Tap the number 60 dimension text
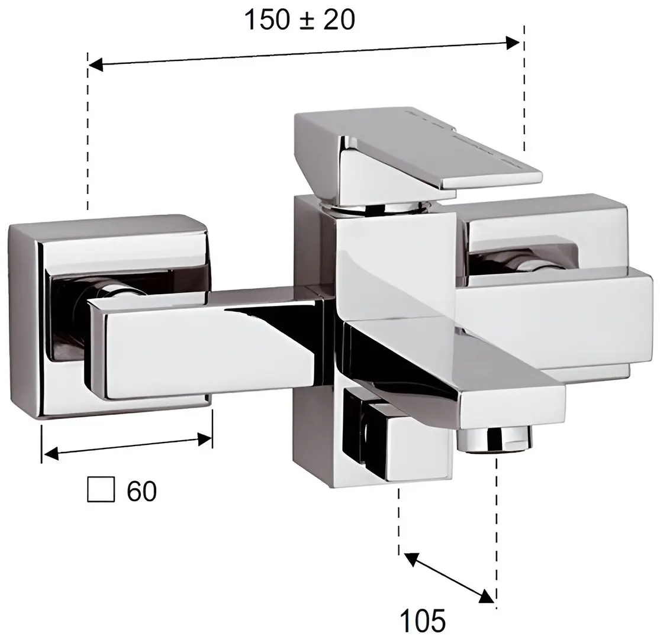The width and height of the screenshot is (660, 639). pyautogui.click(x=141, y=490)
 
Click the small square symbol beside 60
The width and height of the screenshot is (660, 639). pyautogui.click(x=100, y=490)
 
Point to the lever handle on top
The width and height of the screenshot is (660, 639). pyautogui.click(x=414, y=148)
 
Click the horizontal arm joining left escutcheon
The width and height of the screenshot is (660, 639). pyautogui.click(x=201, y=343)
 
